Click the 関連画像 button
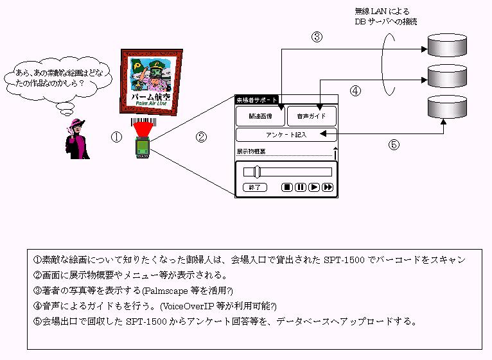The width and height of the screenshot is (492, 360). (259, 116)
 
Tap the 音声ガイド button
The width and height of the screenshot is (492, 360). (312, 116)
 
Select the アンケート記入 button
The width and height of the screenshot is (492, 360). (286, 135)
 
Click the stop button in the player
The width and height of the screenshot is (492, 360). (287, 187)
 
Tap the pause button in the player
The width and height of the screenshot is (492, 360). (300, 187)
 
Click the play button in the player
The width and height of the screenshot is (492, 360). (313, 187)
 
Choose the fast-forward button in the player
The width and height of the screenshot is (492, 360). (328, 187)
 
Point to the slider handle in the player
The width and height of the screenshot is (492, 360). (256, 171)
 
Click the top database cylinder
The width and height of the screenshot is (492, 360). (447, 45)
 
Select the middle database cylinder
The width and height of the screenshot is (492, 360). (447, 75)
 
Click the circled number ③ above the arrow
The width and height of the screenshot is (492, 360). (317, 37)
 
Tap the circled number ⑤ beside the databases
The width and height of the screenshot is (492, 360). (394, 144)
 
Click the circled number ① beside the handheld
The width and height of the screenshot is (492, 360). (116, 137)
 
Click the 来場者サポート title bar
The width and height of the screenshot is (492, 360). (257, 100)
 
